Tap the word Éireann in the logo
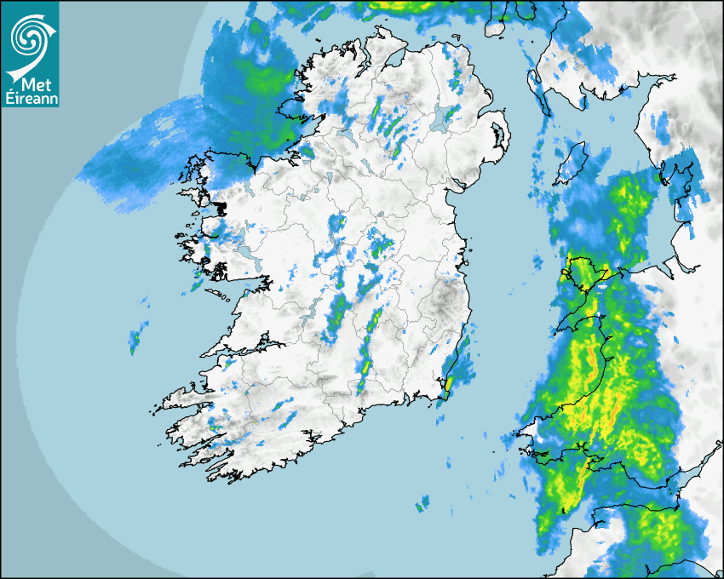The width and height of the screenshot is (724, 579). pos(31,99)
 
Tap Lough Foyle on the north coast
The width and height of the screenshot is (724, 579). pos(394,59)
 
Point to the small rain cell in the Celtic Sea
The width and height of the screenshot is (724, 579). pos(420,507)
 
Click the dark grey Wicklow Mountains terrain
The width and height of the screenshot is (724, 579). pos(444,302)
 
